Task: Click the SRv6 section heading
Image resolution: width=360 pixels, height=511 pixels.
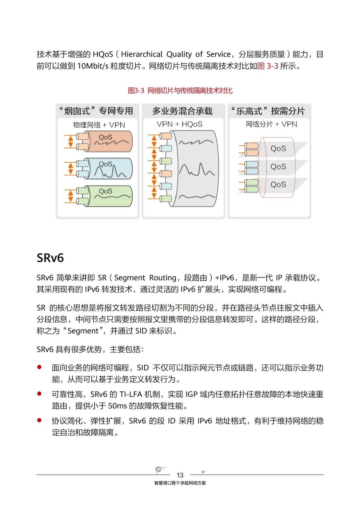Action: (50, 258)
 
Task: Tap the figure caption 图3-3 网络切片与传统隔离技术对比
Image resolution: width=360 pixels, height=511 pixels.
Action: (180, 91)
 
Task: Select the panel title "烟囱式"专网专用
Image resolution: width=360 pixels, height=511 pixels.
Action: (97, 111)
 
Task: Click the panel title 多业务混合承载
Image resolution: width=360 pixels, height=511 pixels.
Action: (182, 111)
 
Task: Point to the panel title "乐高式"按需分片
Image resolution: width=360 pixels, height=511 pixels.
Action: (268, 111)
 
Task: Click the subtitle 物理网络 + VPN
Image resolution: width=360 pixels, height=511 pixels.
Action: (99, 125)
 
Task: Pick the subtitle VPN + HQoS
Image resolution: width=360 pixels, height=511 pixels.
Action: (180, 124)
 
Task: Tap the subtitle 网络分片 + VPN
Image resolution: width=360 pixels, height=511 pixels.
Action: (271, 124)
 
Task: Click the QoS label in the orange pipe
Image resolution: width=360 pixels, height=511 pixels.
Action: (105, 137)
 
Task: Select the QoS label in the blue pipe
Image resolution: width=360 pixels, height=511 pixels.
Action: (105, 164)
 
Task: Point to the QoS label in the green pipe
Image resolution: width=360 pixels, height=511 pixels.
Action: (105, 191)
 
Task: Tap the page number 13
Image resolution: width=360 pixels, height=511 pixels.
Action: (180, 475)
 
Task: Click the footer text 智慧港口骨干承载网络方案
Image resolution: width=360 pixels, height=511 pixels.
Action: (180, 483)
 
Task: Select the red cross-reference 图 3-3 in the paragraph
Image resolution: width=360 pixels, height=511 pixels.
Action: (268, 66)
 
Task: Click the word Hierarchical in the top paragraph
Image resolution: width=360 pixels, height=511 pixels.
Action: (142, 54)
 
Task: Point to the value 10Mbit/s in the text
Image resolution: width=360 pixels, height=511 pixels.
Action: (93, 66)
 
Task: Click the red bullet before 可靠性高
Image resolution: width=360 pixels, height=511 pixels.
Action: (39, 394)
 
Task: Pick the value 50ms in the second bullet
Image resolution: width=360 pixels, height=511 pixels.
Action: (118, 406)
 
